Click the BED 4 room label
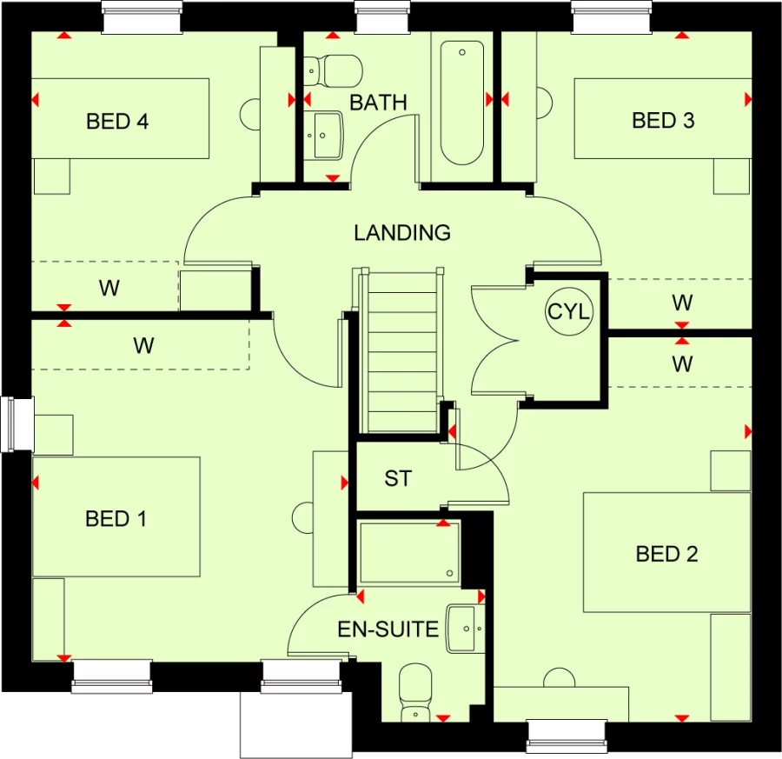tap(117, 121)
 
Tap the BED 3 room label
tap(663, 120)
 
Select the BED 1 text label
tap(116, 519)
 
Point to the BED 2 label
tap(666, 554)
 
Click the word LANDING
tap(401, 233)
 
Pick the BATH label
tap(378, 103)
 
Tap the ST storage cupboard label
tap(398, 479)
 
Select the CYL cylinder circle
tap(568, 311)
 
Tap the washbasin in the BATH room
tap(326, 136)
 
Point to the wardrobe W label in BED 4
tap(109, 289)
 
